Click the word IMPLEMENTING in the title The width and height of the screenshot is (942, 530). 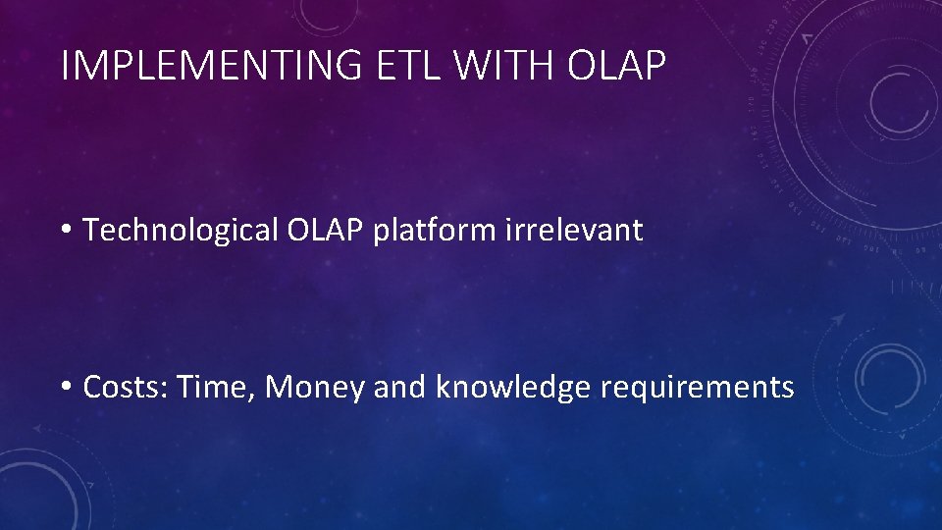pos(212,65)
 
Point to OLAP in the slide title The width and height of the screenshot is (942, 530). pos(616,65)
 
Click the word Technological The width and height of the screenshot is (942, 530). pos(181,231)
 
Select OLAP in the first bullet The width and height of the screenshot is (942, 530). pos(325,230)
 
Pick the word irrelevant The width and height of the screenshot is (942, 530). pos(574,230)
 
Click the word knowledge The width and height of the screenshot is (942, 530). pos(512,388)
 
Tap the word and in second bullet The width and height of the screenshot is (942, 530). pos(399,387)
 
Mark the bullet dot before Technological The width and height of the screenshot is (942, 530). pos(66,229)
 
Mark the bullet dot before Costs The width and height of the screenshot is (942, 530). pos(66,386)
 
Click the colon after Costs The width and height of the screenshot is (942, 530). pos(165,391)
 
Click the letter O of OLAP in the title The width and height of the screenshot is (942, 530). pos(582,65)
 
